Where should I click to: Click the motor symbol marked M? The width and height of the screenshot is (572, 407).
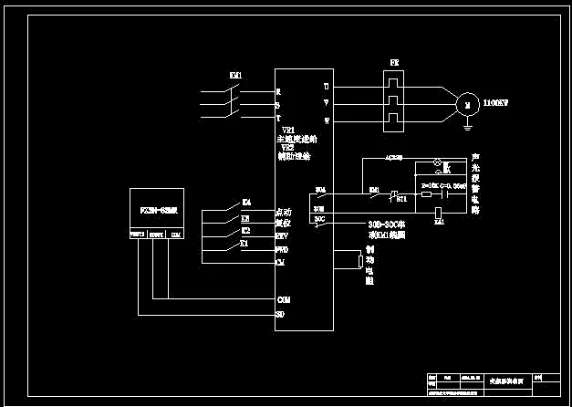pyautogui.click(x=467, y=105)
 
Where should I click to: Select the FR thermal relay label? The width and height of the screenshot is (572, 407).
pyautogui.click(x=394, y=63)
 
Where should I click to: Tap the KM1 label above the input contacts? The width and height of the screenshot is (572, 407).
pyautogui.click(x=235, y=75)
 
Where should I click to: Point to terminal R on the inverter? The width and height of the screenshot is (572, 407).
pyautogui.click(x=278, y=91)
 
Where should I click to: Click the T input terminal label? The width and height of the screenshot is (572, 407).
pyautogui.click(x=278, y=118)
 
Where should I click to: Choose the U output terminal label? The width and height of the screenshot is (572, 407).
pyautogui.click(x=326, y=87)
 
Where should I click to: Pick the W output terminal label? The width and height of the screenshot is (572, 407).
pyautogui.click(x=326, y=120)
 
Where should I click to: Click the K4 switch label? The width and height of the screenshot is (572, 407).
pyautogui.click(x=246, y=202)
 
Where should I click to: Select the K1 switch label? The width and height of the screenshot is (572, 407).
pyautogui.click(x=244, y=244)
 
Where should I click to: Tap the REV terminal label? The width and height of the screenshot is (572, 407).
pyautogui.click(x=282, y=235)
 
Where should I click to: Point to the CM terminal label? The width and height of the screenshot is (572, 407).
pyautogui.click(x=280, y=262)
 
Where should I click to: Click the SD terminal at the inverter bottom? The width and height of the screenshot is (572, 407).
pyautogui.click(x=280, y=314)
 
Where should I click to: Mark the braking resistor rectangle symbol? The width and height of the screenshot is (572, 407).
pyautogui.click(x=361, y=262)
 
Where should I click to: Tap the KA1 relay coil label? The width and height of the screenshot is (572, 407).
pyautogui.click(x=439, y=222)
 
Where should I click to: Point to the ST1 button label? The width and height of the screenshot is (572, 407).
pyautogui.click(x=401, y=198)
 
